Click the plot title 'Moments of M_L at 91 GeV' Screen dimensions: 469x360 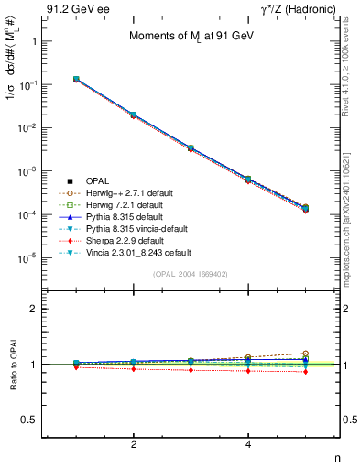(191, 36)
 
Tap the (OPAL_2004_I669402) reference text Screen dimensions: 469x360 (191, 274)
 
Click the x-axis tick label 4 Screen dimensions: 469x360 (248, 444)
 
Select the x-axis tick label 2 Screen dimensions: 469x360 (134, 444)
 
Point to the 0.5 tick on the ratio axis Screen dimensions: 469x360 (32, 420)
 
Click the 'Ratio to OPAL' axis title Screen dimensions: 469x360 (11, 365)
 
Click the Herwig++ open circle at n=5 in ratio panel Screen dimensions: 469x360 (305, 354)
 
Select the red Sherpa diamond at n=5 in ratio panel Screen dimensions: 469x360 (305, 371)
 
